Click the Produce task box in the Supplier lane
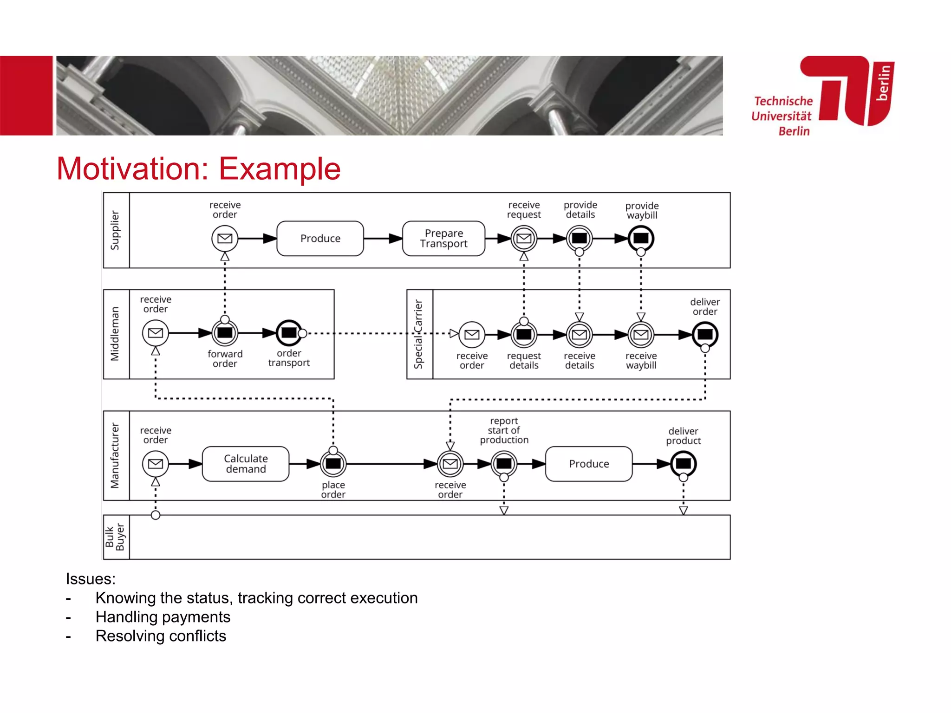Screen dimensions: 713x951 click(320, 239)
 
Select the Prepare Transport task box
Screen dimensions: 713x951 click(443, 239)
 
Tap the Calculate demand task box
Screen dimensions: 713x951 click(246, 464)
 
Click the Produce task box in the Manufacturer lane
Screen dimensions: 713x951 click(588, 464)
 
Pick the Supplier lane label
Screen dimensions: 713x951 click(115, 230)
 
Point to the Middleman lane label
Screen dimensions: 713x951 click(115, 334)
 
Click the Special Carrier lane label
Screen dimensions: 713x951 click(419, 334)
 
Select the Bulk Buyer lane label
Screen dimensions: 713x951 click(115, 537)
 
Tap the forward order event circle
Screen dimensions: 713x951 click(225, 333)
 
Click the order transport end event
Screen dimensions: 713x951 click(289, 333)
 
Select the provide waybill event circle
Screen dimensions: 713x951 click(641, 238)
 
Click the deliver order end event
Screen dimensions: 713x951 click(705, 334)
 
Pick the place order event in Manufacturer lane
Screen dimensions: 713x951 click(333, 464)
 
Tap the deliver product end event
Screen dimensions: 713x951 click(683, 464)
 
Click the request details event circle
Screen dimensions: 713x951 click(524, 334)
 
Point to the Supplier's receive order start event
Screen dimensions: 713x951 click(225, 238)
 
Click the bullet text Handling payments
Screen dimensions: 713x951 click(163, 617)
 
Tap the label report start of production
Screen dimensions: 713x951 click(504, 430)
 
